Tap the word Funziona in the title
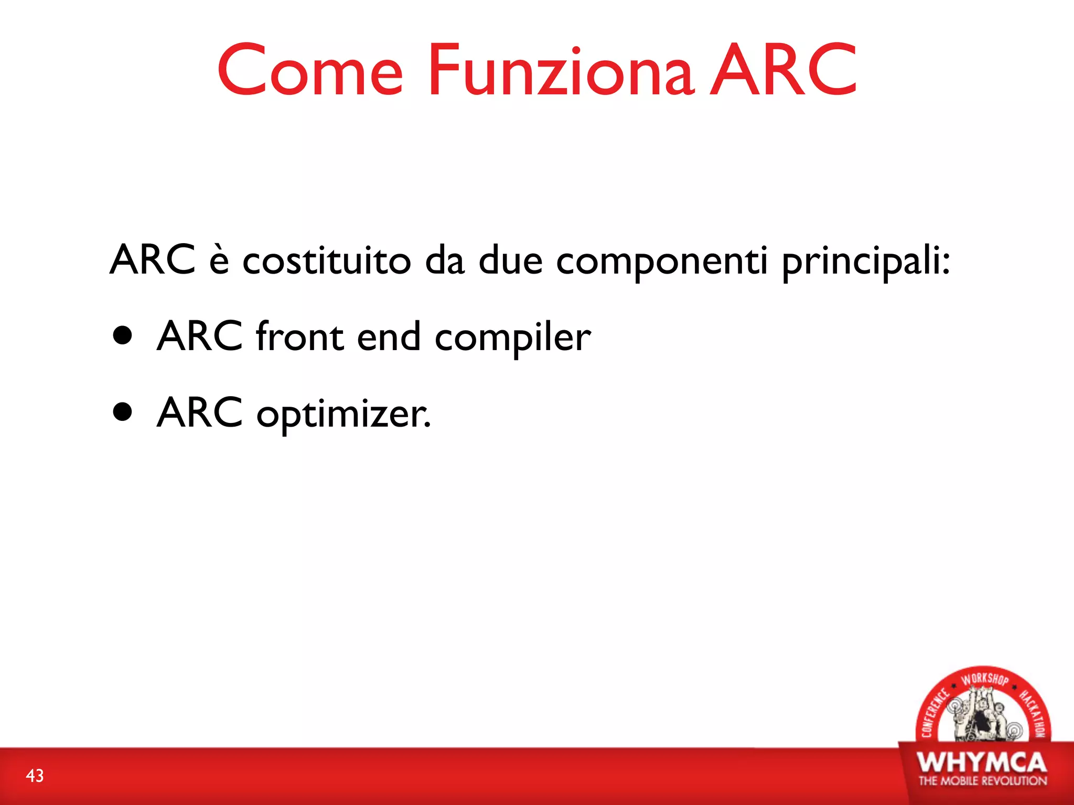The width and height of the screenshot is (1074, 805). (561, 71)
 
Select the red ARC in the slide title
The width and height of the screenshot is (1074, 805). (783, 71)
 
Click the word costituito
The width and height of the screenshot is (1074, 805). (326, 260)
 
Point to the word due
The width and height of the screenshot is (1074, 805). (510, 260)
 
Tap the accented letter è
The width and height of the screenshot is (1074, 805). (219, 260)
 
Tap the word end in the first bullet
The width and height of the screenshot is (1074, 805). (389, 337)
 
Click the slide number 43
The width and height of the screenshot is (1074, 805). (35, 776)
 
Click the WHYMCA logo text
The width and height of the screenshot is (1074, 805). (982, 763)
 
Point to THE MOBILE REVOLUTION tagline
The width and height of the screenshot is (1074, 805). (982, 781)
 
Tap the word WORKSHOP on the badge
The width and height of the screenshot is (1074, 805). (984, 679)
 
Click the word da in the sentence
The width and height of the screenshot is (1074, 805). (445, 260)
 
